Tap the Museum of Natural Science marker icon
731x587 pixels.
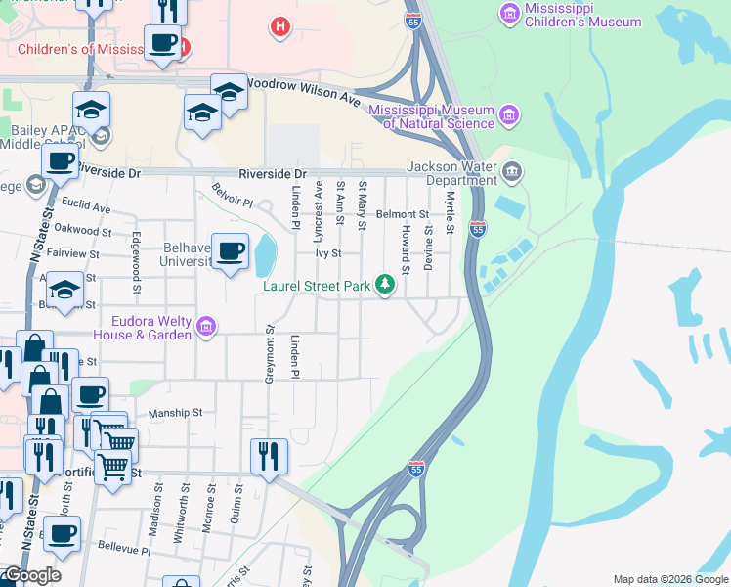pos(508,116)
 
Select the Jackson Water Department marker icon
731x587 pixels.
pos(511,174)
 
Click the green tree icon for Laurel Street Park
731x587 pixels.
pos(386,285)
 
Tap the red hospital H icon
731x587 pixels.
pos(280,27)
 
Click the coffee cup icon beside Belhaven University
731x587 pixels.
pos(230,251)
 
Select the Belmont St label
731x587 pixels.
pos(403,213)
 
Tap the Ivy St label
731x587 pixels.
pos(326,252)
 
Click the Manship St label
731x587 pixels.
pos(175,414)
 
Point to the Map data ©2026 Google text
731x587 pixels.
pos(669,579)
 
